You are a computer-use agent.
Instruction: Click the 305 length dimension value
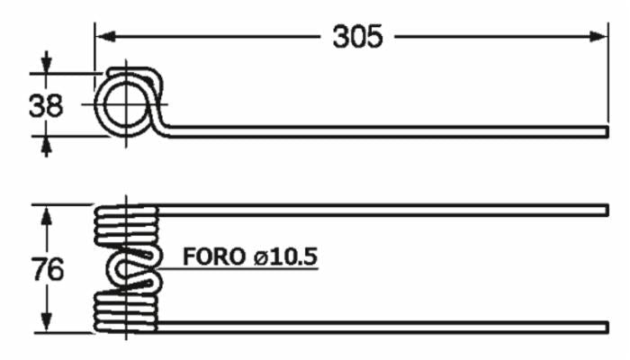click(x=357, y=37)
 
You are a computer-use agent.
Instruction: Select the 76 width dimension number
click(x=47, y=269)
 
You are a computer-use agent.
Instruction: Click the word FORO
click(x=214, y=256)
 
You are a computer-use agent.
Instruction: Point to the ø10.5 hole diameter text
click(x=285, y=256)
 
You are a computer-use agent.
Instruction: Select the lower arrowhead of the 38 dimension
click(x=45, y=140)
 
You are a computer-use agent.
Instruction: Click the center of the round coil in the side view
click(x=124, y=103)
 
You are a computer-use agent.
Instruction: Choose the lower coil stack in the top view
click(x=127, y=310)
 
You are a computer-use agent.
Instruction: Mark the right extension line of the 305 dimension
click(x=611, y=81)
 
